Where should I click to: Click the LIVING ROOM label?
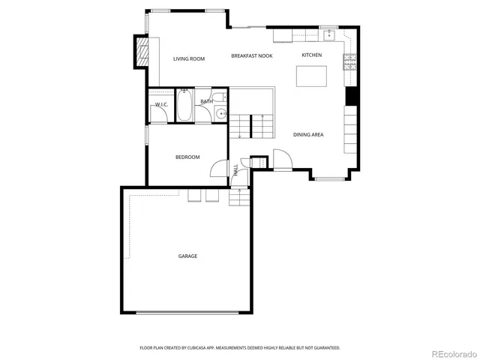tap(189, 58)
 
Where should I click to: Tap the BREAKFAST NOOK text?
tap(251, 56)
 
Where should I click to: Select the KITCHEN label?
tap(311, 55)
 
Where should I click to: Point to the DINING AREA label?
tap(308, 134)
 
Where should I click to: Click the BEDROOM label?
tap(187, 157)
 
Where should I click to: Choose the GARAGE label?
tap(187, 256)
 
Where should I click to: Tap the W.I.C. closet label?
tap(161, 105)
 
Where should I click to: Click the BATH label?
tap(206, 101)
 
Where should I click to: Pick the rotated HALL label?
tap(235, 171)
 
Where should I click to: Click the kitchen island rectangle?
tap(313, 77)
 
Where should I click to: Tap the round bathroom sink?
tap(220, 113)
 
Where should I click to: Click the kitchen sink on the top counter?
tap(328, 34)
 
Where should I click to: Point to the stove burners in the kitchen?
tap(349, 63)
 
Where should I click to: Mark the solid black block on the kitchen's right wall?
tap(349, 97)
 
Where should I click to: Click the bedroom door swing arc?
tap(218, 169)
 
